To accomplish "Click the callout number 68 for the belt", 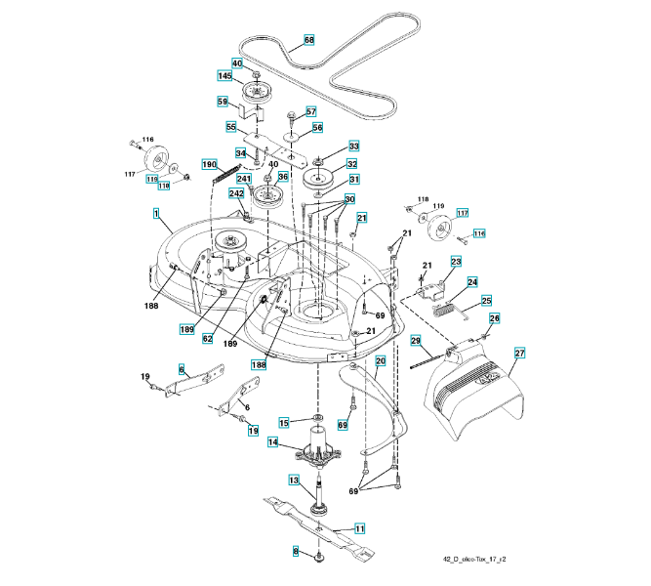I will [309, 40].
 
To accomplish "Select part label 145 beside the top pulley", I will [224, 76].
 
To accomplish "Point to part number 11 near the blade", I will [359, 528].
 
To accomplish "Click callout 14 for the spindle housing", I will [273, 442].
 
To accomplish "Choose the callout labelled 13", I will [293, 480].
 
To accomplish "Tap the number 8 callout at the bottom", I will [296, 552].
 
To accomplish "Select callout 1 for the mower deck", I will [156, 212].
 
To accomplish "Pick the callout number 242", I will [236, 194].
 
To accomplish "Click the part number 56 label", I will [317, 128].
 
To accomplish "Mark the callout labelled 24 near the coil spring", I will [472, 282].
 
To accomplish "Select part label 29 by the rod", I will [415, 340].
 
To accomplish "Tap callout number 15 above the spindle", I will [284, 422].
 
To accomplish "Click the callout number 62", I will [208, 339].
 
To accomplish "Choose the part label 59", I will [223, 102].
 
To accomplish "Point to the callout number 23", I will [456, 262].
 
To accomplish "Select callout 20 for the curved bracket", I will [381, 360].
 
